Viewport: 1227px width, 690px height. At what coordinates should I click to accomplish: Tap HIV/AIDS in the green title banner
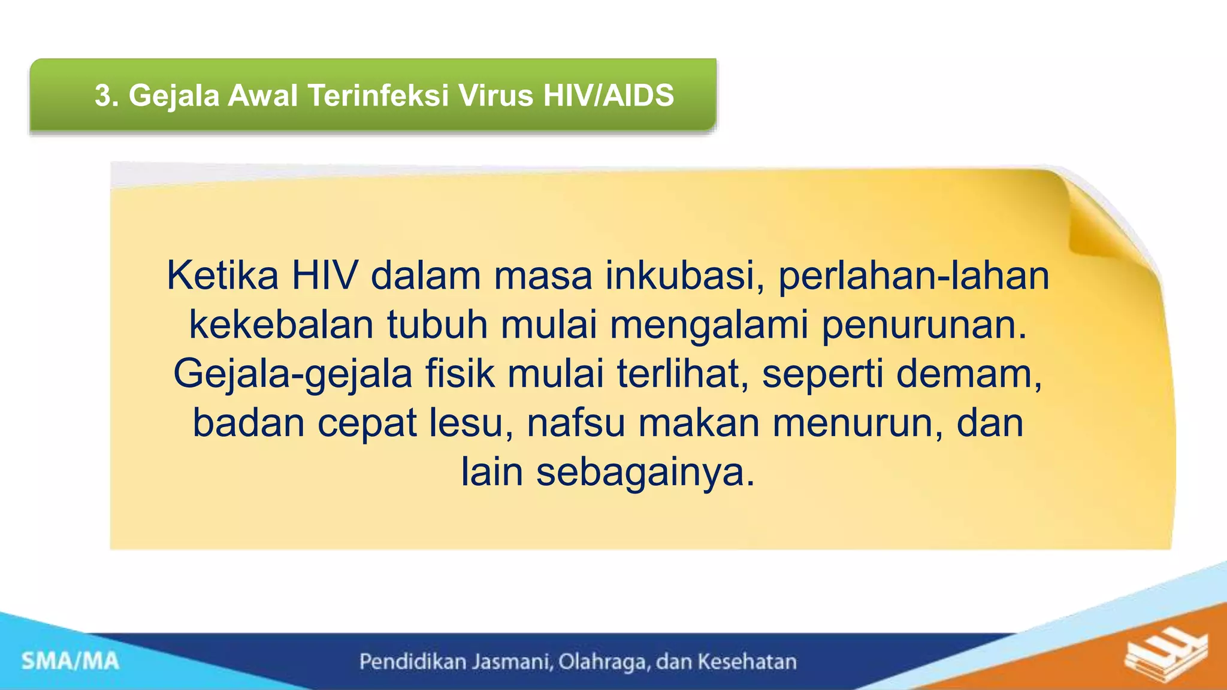609,96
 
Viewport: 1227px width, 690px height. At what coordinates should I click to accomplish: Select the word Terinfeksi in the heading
378,96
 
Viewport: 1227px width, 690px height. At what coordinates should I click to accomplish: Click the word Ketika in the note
222,276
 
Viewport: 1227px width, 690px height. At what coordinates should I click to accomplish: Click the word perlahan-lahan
914,276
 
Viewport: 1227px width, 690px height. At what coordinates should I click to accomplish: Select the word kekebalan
281,325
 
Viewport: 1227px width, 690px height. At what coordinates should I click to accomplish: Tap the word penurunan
924,325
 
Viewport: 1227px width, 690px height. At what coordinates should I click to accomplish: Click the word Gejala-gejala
293,374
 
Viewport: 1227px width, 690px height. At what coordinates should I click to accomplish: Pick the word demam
969,374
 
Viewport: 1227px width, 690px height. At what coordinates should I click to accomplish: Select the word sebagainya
645,473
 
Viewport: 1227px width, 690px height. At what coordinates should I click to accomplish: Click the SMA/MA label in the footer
71,662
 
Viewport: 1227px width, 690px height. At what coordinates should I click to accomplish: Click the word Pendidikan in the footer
413,662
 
